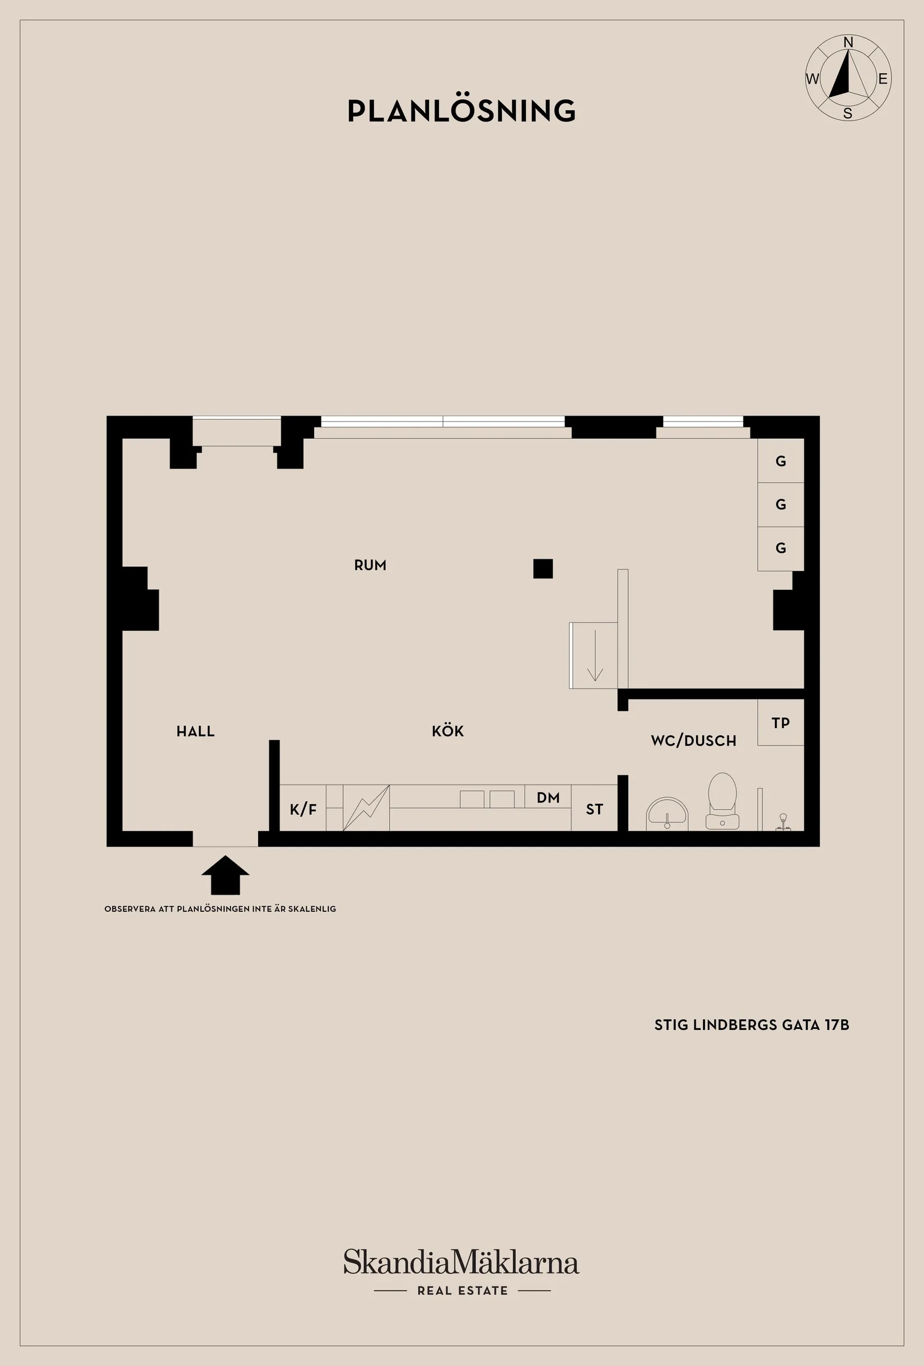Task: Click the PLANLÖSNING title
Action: click(x=461, y=110)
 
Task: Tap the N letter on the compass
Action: click(x=848, y=43)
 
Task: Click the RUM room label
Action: click(x=370, y=566)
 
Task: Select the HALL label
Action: click(x=196, y=731)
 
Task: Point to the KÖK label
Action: click(x=448, y=731)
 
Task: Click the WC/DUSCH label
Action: click(x=694, y=740)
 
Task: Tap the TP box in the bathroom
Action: click(x=781, y=722)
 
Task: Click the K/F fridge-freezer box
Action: click(x=303, y=808)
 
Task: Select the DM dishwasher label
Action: click(x=548, y=798)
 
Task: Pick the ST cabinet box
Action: click(x=594, y=808)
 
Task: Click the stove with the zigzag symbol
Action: click(x=366, y=808)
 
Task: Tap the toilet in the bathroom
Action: click(x=722, y=801)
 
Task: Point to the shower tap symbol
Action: click(x=783, y=822)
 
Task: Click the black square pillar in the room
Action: click(x=543, y=568)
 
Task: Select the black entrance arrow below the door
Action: click(x=225, y=875)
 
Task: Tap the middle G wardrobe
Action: click(x=781, y=504)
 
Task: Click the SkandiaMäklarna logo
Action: click(x=461, y=1262)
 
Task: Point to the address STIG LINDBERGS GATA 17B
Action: click(x=752, y=1024)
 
